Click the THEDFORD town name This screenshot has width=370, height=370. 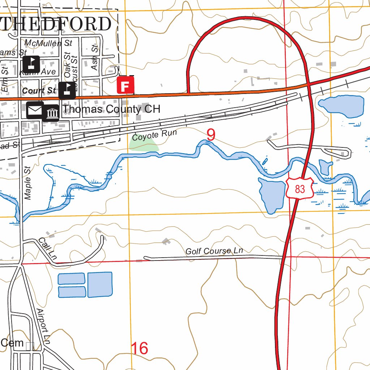click(56, 24)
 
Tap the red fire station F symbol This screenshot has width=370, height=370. click(125, 86)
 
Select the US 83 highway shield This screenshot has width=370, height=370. click(300, 188)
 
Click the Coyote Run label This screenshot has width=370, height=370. click(154, 135)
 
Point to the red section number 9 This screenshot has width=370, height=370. click(211, 135)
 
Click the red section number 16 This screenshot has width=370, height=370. click(139, 349)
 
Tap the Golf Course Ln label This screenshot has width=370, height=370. click(214, 250)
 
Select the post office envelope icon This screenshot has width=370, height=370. click(35, 110)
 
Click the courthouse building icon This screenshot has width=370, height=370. click(51, 113)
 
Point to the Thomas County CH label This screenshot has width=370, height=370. click(111, 109)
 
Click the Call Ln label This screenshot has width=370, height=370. click(48, 249)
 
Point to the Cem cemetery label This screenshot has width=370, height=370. click(12, 343)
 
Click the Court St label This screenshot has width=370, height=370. click(39, 90)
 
